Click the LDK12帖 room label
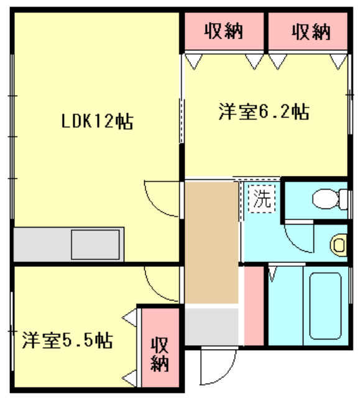click(96, 121)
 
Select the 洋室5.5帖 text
click(67, 341)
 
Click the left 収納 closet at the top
click(223, 30)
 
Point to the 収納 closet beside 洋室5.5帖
click(160, 354)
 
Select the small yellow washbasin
click(339, 244)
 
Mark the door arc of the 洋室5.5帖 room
click(160, 282)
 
